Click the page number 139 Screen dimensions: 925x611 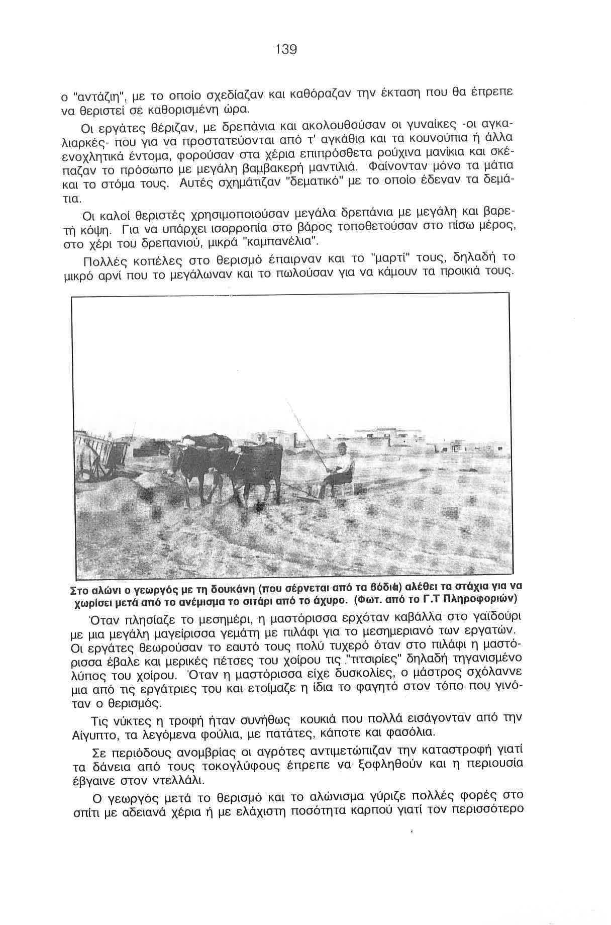(286, 49)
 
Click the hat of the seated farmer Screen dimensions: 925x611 (342, 446)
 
